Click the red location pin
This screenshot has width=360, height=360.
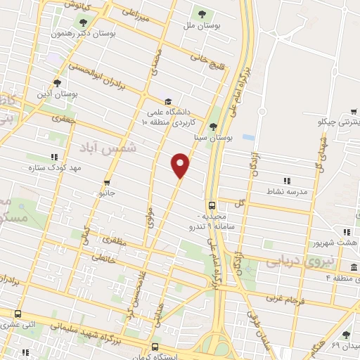tap(181, 165)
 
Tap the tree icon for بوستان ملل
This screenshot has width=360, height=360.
tap(202, 13)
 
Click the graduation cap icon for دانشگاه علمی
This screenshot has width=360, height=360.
tap(167, 101)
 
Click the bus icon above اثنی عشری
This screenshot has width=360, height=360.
tap(18, 314)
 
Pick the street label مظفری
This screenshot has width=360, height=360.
tap(116, 240)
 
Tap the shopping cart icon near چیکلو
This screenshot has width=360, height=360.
tap(354, 110)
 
